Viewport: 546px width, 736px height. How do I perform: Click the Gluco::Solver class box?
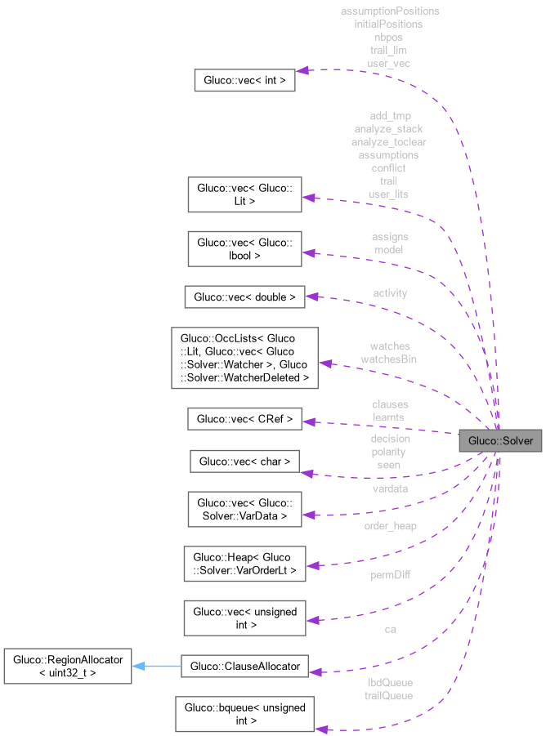tap(500, 441)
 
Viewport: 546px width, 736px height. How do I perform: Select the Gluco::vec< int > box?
tap(244, 81)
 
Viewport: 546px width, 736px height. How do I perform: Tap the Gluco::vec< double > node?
tap(244, 297)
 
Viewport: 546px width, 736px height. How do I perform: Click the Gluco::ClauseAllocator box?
tap(244, 667)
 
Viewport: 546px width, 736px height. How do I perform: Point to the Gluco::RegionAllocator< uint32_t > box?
tap(68, 667)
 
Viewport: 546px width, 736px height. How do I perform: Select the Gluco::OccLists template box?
tap(244, 358)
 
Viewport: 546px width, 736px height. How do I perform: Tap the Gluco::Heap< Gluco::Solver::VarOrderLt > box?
tap(244, 564)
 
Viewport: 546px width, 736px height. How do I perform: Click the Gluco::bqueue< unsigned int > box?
tap(244, 714)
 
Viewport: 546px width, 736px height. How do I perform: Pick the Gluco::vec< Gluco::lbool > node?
tap(244, 249)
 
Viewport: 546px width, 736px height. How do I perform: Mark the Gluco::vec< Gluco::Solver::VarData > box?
tap(244, 510)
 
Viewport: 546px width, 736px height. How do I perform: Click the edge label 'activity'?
tap(390, 293)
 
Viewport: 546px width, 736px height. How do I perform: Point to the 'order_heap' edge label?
tap(390, 526)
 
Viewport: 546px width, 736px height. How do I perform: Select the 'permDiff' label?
tap(390, 575)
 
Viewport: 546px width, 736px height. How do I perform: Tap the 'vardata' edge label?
tap(390, 488)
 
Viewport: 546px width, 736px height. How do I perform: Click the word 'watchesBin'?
tap(389, 359)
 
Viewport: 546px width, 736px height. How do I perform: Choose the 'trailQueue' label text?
tap(389, 696)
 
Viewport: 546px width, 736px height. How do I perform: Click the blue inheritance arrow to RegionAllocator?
tap(156, 667)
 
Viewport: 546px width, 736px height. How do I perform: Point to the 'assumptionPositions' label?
tap(389, 11)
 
